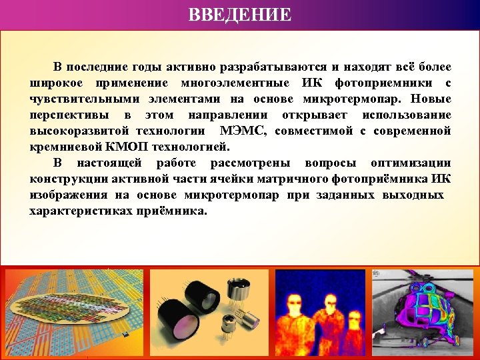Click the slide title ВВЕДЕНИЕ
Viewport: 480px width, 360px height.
point(240,14)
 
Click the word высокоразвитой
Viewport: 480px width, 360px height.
point(79,130)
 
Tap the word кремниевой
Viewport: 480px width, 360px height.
point(62,146)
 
